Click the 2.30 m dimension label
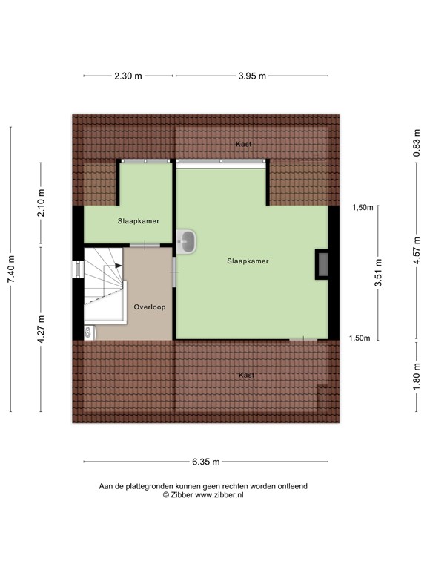[128, 76]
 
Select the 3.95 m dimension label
[251, 76]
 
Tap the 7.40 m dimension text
[10, 269]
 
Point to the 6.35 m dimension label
[205, 462]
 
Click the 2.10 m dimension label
[42, 203]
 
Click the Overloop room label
[149, 307]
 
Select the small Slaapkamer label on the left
[139, 221]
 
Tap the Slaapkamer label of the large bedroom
[248, 261]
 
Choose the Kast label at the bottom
[247, 376]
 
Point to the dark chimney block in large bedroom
[323, 265]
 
